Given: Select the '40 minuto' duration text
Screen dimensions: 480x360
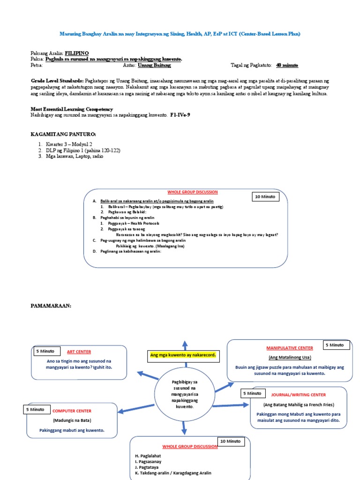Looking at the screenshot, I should pos(287,65).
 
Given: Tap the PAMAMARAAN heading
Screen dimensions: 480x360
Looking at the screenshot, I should pos(51,305).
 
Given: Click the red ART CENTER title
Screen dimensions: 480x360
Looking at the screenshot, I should pos(79,352).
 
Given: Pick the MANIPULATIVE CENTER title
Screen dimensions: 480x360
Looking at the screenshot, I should pos(289,348).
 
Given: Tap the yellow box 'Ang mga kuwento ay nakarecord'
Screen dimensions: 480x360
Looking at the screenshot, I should pos(183,355).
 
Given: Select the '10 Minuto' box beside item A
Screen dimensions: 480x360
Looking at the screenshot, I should pos(266,197).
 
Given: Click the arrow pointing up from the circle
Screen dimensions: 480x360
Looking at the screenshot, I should pos(185,345).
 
